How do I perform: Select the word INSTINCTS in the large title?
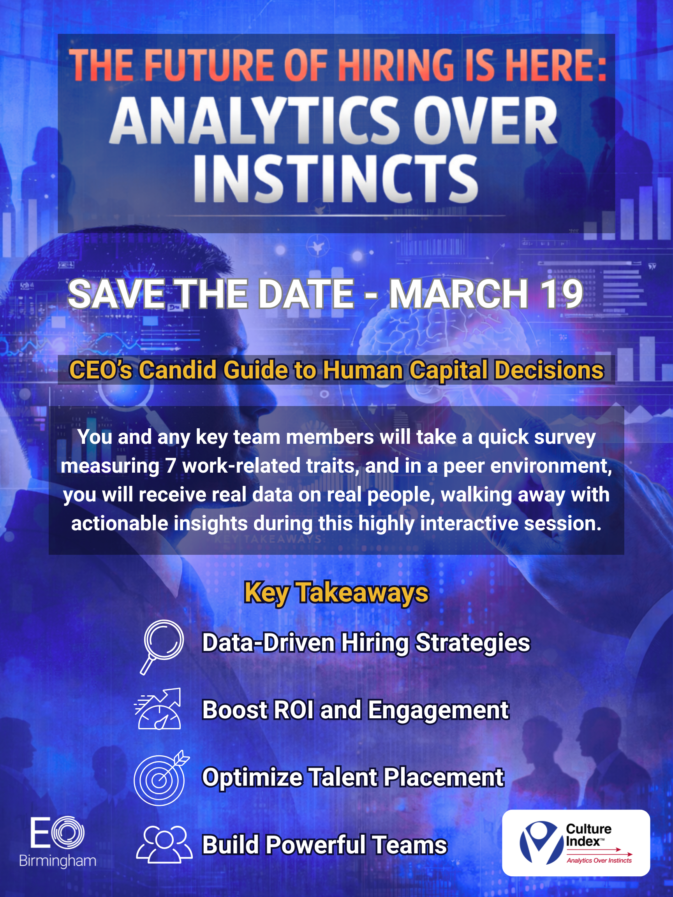click(x=336, y=179)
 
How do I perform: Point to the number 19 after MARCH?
click(x=562, y=294)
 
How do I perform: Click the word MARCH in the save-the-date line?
click(x=459, y=294)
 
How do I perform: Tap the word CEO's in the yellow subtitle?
click(x=100, y=370)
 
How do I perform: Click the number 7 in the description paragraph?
click(x=170, y=466)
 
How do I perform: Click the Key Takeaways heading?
click(x=336, y=593)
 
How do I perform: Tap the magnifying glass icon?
click(x=162, y=647)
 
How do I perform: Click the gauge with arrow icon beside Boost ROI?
click(x=158, y=709)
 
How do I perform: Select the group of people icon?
click(x=164, y=844)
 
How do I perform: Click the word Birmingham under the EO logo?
click(x=58, y=860)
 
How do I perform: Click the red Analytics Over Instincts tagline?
click(x=599, y=860)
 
